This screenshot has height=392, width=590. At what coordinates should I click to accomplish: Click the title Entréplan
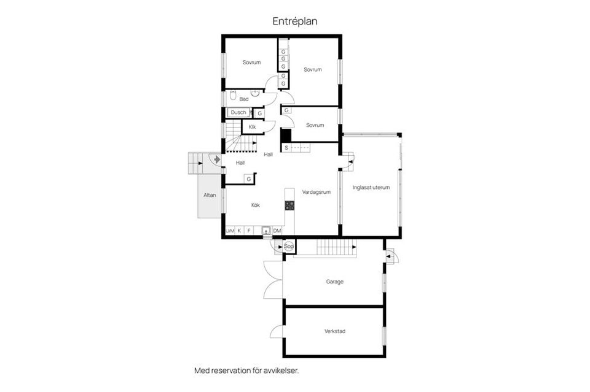pyautogui.click(x=295, y=21)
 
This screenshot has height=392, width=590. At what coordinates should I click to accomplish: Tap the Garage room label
pyautogui.click(x=334, y=282)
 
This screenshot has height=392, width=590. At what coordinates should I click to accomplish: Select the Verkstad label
pyautogui.click(x=334, y=331)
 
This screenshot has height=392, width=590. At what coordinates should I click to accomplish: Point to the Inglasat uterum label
pyautogui.click(x=371, y=188)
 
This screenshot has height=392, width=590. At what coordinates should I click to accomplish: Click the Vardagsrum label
pyautogui.click(x=317, y=192)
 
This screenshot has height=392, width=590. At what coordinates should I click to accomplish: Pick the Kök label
pyautogui.click(x=254, y=205)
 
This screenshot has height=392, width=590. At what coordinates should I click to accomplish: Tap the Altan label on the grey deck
pyautogui.click(x=210, y=195)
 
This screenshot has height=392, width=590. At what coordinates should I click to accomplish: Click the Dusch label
pyautogui.click(x=238, y=112)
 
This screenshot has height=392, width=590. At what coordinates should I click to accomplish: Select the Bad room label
pyautogui.click(x=244, y=99)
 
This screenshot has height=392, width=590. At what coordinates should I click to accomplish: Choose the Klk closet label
pyautogui.click(x=252, y=126)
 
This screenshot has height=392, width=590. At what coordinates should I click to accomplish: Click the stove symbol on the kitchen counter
pyautogui.click(x=289, y=206)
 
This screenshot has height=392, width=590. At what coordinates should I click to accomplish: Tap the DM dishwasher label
pyautogui.click(x=277, y=231)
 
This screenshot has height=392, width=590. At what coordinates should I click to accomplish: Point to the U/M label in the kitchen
pyautogui.click(x=230, y=231)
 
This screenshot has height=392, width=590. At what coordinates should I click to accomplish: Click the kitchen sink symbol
pyautogui.click(x=266, y=231)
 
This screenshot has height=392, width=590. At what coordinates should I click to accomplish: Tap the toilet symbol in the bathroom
pyautogui.click(x=233, y=96)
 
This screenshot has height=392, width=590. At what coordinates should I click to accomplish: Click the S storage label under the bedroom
pyautogui.click(x=286, y=148)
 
